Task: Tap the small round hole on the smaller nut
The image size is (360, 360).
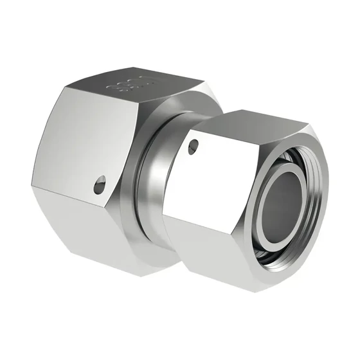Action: click(194, 148)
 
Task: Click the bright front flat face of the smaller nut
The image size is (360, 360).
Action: click(206, 186)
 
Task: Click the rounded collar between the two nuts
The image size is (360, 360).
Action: click(149, 193)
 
